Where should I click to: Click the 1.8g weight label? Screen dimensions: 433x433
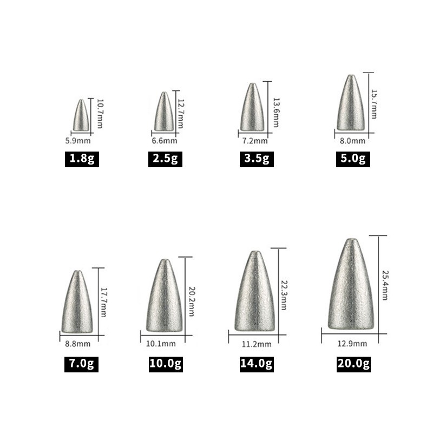coord(82,159)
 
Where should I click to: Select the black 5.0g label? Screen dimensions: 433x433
coord(353,159)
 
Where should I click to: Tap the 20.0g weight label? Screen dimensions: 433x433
coord(353,364)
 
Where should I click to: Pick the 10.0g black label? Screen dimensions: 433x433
coord(166,364)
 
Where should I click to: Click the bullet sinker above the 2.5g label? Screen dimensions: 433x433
coord(164,111)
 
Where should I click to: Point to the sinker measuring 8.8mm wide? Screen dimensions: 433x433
coord(77,301)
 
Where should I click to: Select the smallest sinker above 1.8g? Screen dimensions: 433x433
coord(81,115)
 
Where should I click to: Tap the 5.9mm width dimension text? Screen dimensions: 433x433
coord(78,141)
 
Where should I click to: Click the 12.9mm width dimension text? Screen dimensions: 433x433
coord(352,344)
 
